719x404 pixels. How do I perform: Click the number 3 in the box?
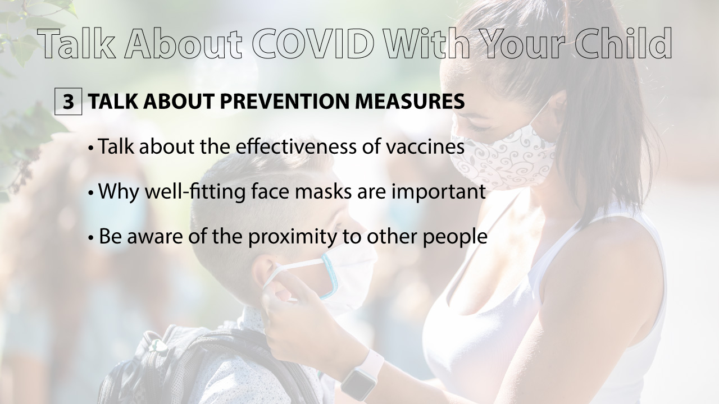point(68,102)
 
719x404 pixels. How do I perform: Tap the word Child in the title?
point(619,43)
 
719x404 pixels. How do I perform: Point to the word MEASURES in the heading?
point(409,102)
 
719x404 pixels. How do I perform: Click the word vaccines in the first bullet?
point(425,147)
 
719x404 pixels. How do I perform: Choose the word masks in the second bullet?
point(323,192)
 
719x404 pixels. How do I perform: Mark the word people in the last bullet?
point(454,237)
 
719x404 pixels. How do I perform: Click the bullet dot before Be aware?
point(91,238)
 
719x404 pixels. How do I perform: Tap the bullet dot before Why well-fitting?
point(91,194)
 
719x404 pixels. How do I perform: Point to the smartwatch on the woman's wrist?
point(362,376)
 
